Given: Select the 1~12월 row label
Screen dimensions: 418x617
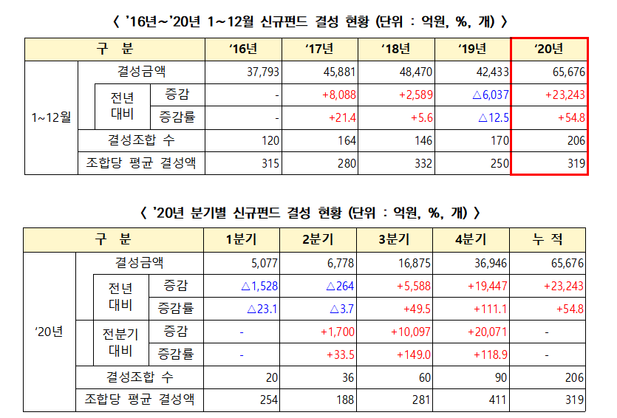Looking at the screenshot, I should (51, 117).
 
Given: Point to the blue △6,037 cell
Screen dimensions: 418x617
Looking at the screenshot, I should (483, 95).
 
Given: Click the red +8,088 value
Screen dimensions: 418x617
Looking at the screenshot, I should (336, 95).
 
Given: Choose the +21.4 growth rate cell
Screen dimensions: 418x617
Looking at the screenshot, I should (342, 117).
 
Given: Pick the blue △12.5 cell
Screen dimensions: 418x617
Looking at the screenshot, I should (488, 117).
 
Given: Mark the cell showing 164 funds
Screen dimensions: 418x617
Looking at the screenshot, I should (347, 140).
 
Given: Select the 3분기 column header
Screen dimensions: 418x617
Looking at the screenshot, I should (395, 239).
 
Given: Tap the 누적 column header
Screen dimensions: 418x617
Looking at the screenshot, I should (548, 239).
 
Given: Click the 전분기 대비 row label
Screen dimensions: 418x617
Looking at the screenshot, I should (119, 342).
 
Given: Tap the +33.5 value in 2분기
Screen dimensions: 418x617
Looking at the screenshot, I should (342, 354).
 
